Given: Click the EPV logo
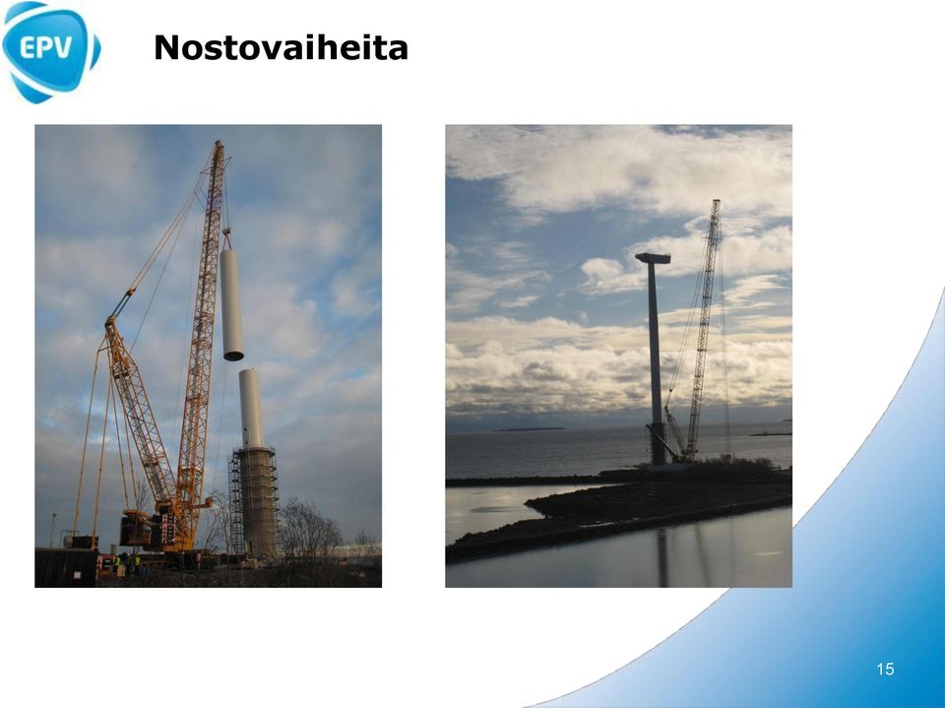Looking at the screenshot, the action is tap(50, 52).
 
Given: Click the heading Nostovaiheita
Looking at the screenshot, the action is tap(281, 47).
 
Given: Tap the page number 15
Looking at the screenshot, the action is tap(885, 669).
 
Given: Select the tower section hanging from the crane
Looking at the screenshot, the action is tap(231, 304).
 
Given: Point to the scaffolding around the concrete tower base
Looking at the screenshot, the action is tap(235, 503).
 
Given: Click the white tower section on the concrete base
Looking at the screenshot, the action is tap(251, 409).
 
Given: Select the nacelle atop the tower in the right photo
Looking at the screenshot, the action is tap(653, 258).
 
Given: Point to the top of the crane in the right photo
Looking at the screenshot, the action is tap(716, 202).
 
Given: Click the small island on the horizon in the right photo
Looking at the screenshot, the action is tap(529, 428).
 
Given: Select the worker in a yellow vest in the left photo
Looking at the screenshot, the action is tap(138, 563).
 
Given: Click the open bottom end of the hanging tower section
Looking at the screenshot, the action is tap(233, 356).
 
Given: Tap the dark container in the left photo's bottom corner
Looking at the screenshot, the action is tap(66, 567).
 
